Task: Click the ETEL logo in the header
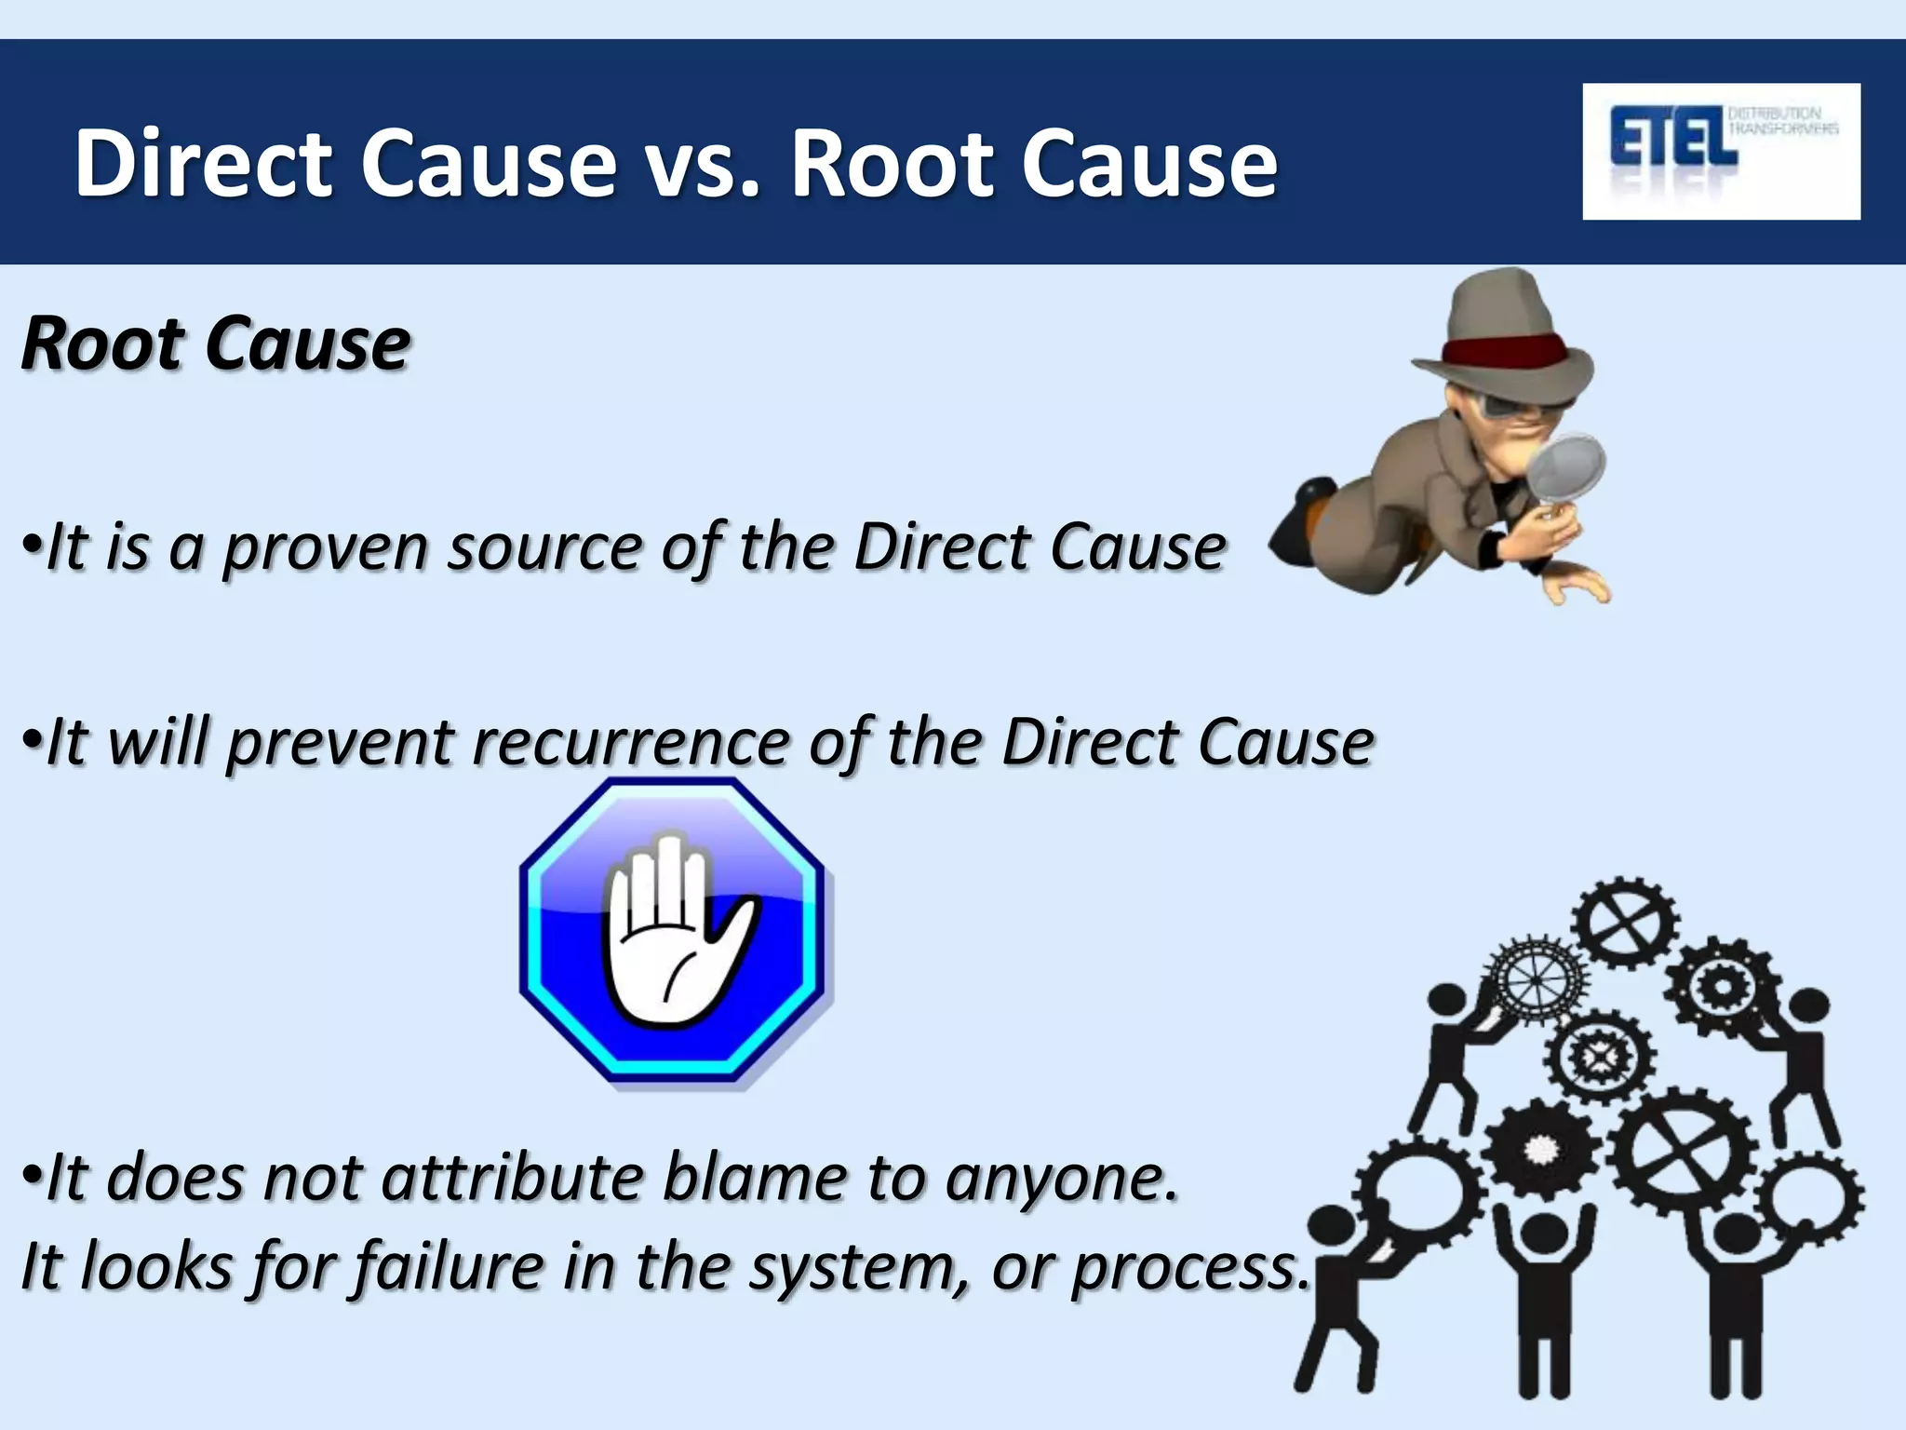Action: pos(1720,150)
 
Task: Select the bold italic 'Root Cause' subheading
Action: pos(215,344)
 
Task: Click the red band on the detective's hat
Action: pos(1506,352)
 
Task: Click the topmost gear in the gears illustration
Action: pos(1625,924)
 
